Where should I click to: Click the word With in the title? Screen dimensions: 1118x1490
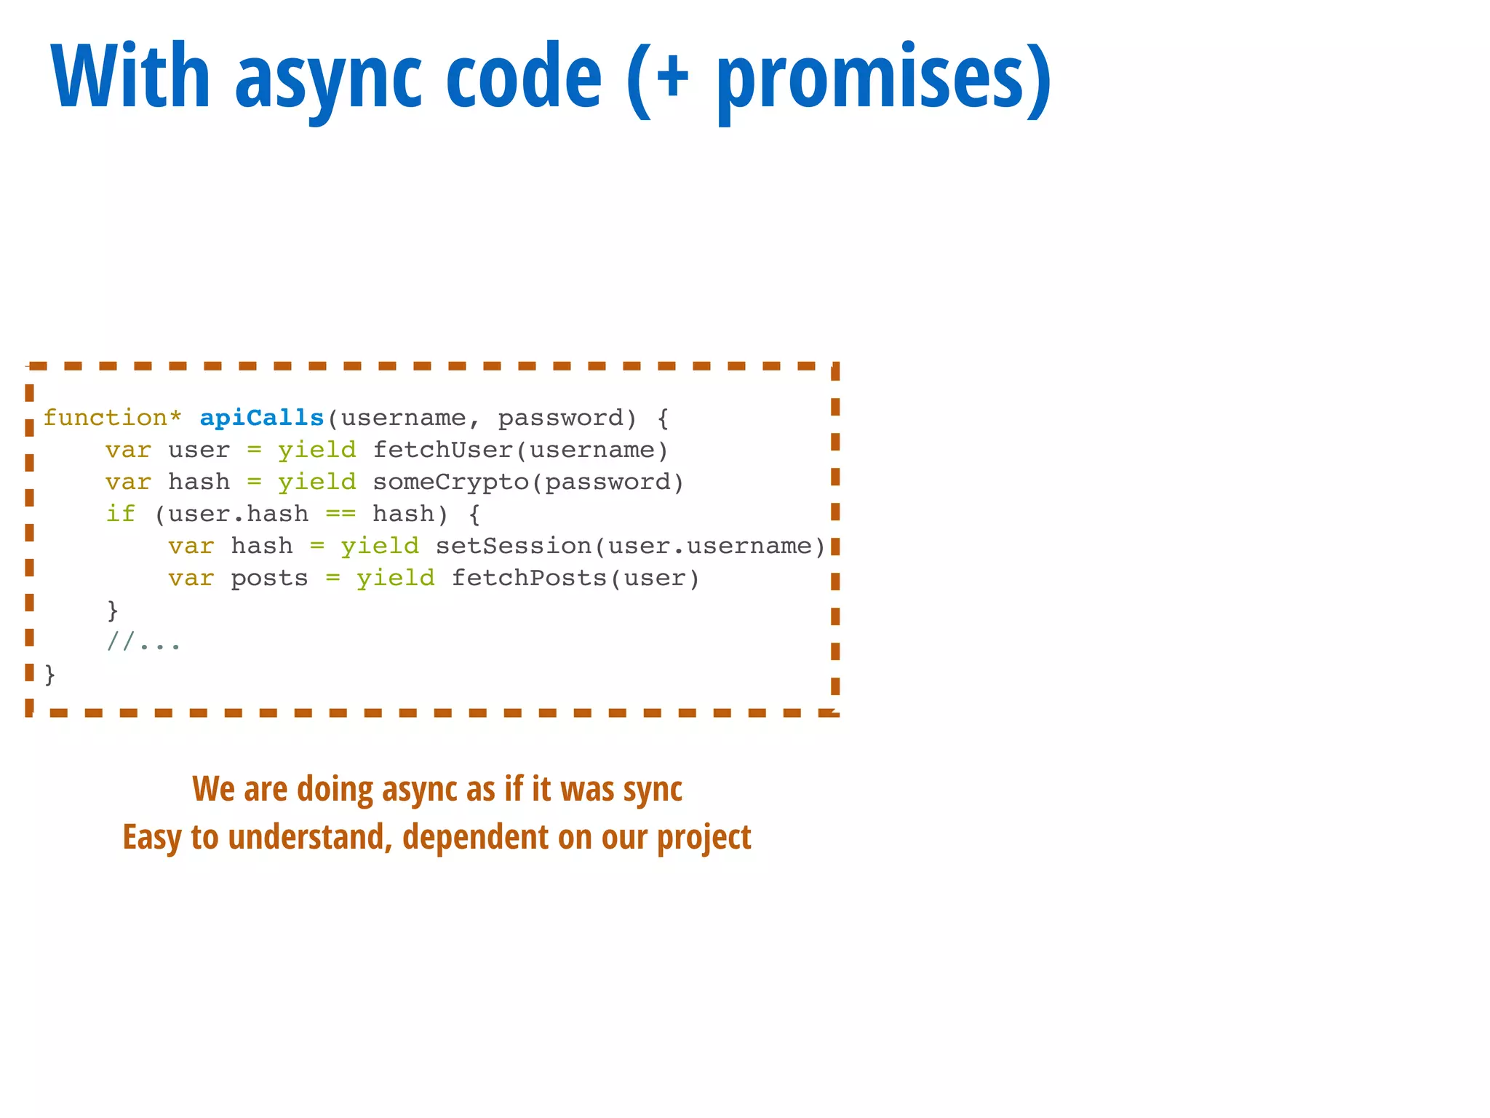pyautogui.click(x=131, y=76)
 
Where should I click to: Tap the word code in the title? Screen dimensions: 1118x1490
pyautogui.click(x=523, y=76)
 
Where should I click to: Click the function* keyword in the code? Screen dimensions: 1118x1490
pyautogui.click(x=112, y=418)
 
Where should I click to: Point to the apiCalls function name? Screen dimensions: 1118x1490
pyautogui.click(x=262, y=418)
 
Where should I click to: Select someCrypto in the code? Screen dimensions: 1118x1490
pyautogui.click(x=450, y=482)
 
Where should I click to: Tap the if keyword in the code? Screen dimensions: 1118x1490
pyautogui.click(x=121, y=514)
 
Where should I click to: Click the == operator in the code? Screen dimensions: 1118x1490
pyautogui.click(x=340, y=514)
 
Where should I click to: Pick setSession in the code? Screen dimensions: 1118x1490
pyautogui.click(x=514, y=546)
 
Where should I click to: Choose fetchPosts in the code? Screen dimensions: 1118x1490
pyautogui.click(x=529, y=578)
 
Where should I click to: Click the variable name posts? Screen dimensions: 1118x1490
pyautogui.click(x=269, y=579)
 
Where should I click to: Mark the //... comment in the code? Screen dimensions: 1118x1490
pyautogui.click(x=143, y=642)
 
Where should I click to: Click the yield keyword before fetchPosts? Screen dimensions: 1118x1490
pyautogui.click(x=395, y=578)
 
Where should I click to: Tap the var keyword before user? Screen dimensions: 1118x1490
pyautogui.click(x=128, y=450)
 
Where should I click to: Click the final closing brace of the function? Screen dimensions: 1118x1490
pyautogui.click(x=49, y=675)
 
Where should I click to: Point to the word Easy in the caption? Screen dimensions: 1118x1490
pyautogui.click(x=152, y=838)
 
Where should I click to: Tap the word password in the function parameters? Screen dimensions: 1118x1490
pyautogui.click(x=560, y=419)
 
